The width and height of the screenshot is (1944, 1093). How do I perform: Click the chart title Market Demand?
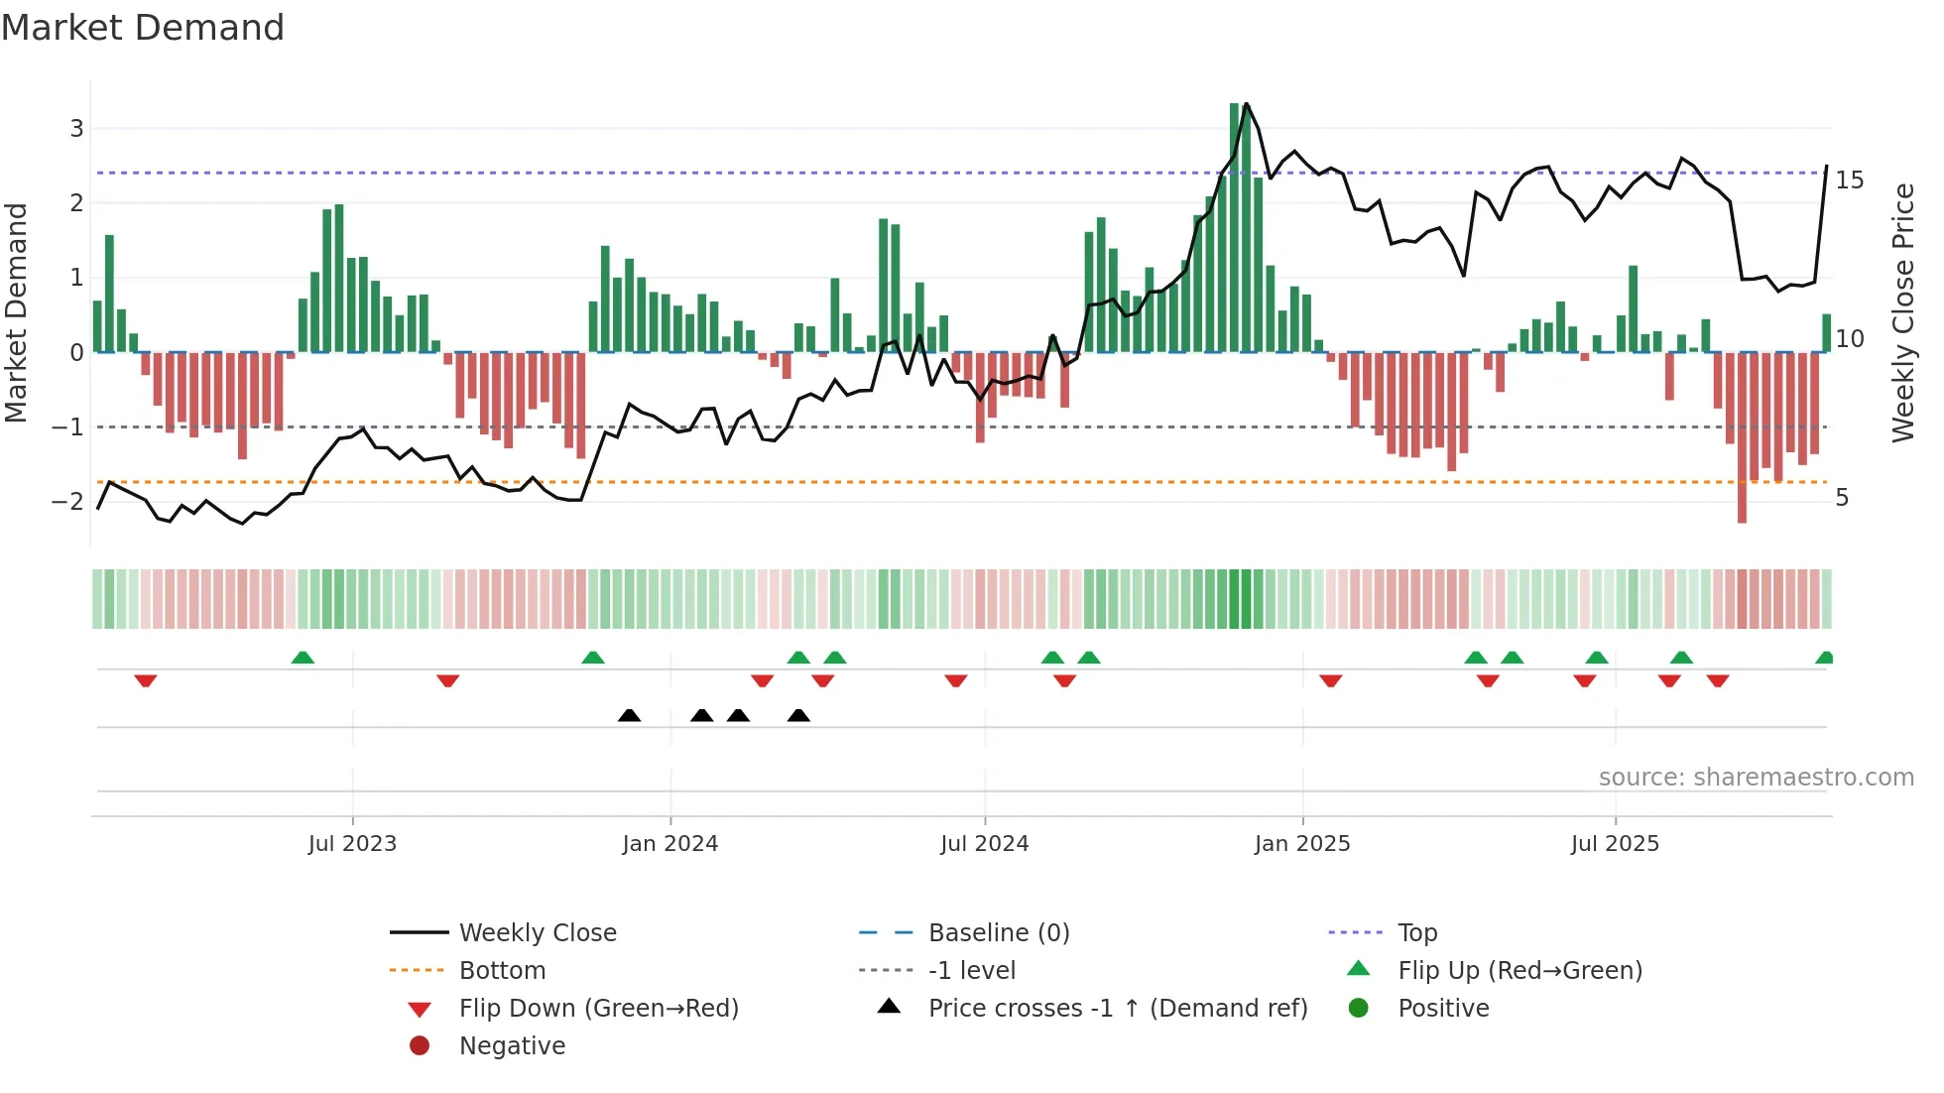143,28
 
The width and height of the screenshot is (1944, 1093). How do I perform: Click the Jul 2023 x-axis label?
352,844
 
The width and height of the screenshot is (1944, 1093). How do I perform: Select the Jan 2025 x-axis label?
1301,844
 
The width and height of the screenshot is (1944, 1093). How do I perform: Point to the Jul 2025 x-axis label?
1614,844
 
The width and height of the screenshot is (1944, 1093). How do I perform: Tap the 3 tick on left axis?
76,128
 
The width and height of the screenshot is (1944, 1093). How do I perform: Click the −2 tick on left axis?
68,501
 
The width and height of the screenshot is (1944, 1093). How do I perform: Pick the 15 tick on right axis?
1849,181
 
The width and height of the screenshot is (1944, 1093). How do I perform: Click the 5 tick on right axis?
1842,498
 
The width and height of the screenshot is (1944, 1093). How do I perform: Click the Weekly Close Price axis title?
1902,312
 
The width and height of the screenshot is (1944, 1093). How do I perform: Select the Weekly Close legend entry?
537,933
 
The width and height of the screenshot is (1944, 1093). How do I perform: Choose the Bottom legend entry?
502,971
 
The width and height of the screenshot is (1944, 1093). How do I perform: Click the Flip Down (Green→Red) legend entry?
598,1009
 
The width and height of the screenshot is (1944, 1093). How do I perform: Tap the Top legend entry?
1417,933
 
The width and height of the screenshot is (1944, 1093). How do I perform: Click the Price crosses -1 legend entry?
1117,1009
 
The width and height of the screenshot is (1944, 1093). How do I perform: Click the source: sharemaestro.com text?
1756,778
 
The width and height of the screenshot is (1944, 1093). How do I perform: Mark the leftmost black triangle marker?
629,715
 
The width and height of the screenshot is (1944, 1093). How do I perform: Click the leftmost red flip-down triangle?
146,680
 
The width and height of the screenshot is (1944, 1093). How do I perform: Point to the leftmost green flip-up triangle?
303,658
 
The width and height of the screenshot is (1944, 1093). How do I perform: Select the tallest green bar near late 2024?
1235,228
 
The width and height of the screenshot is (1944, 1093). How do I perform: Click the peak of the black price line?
1247,104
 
